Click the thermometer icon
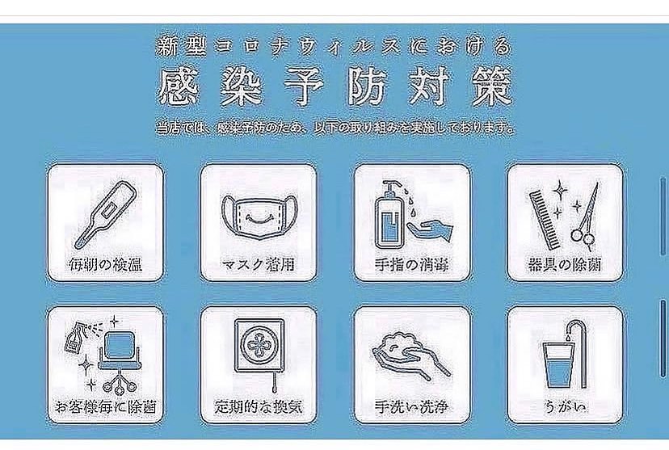(105, 213)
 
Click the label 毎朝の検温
(105, 264)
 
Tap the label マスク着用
(256, 264)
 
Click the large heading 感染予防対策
(335, 87)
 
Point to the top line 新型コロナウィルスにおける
(335, 46)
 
